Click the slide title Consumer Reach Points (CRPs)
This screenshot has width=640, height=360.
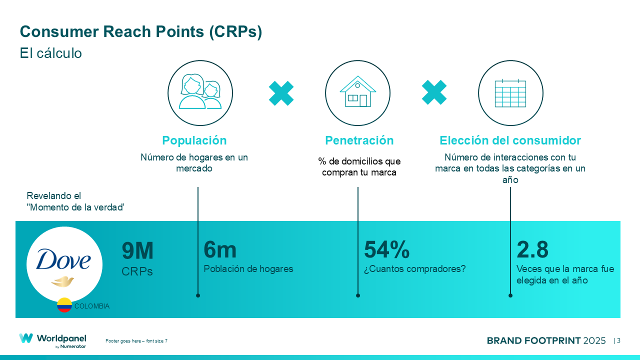141,31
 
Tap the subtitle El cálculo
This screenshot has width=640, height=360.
50,53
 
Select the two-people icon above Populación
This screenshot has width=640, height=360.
200,92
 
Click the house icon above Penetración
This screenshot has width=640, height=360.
357,92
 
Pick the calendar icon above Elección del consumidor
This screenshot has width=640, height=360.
510,92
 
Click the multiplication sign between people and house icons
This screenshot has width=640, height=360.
281,93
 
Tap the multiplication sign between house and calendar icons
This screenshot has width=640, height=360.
434,92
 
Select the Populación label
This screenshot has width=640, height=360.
194,140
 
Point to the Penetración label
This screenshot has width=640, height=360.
359,140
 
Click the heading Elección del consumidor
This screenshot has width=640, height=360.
510,140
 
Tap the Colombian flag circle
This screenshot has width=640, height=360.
64,305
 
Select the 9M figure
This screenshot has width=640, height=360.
137,251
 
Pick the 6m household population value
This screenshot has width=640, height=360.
220,250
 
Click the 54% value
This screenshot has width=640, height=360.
386,250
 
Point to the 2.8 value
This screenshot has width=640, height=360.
532,250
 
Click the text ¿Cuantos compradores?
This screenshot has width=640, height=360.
414,269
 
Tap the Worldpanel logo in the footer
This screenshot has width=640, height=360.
52,340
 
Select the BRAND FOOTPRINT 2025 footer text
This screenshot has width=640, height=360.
546,340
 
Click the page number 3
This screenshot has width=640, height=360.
618,340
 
